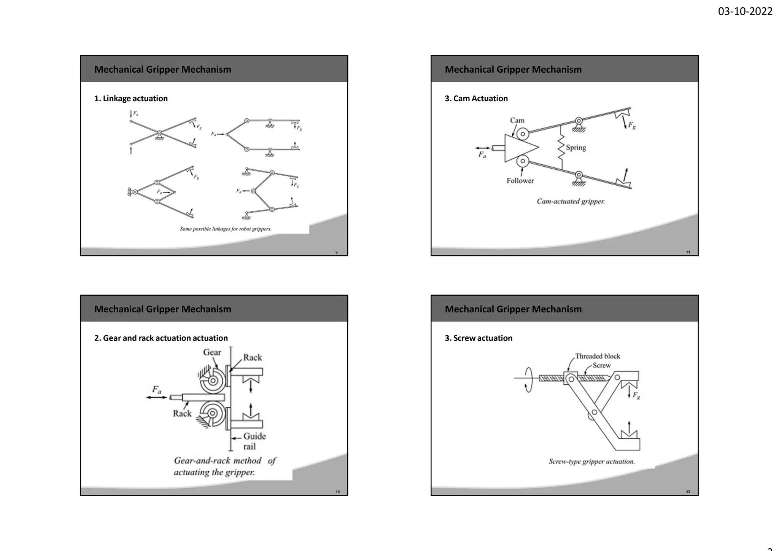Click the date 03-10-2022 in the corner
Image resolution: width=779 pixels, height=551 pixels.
pos(745,11)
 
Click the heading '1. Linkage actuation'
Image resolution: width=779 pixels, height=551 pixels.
pos(131,99)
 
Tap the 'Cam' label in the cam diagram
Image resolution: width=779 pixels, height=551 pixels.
pos(517,120)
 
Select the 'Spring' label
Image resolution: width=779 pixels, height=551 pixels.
pos(576,148)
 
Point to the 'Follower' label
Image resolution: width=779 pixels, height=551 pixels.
pos(520,181)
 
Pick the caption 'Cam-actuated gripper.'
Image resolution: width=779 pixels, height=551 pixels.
pos(571,201)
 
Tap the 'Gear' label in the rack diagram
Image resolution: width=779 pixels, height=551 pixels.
pos(212,352)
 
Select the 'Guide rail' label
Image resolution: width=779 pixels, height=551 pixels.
pos(254,441)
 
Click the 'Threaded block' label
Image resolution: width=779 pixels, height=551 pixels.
pos(597,356)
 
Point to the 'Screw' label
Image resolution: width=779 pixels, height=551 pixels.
pos(601,365)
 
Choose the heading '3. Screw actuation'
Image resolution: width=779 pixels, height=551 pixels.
pos(478,338)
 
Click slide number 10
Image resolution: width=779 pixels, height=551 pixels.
pos(337,492)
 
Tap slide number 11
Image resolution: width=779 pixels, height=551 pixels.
pos(688,252)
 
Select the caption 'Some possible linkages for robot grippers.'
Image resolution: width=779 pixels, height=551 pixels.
pos(226,229)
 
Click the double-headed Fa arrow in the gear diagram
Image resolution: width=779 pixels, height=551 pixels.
pos(156,397)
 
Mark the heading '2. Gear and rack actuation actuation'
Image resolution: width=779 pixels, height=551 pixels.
pos(161,338)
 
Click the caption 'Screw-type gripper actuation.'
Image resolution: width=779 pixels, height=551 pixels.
pos(591,462)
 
